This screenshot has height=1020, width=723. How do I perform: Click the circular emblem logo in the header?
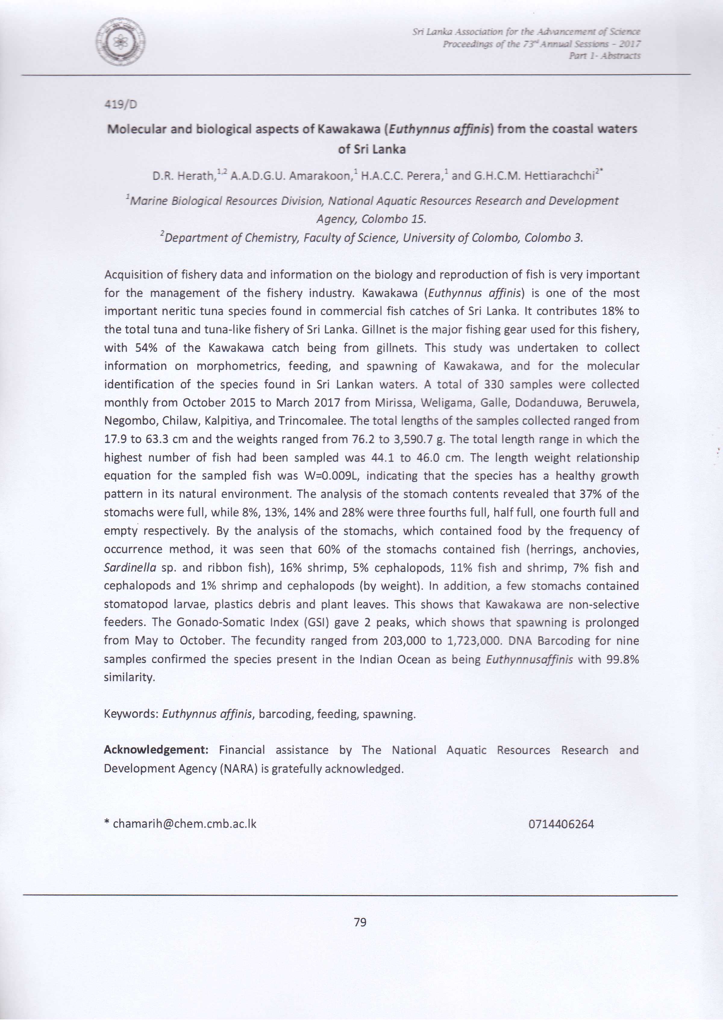pyautogui.click(x=120, y=42)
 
